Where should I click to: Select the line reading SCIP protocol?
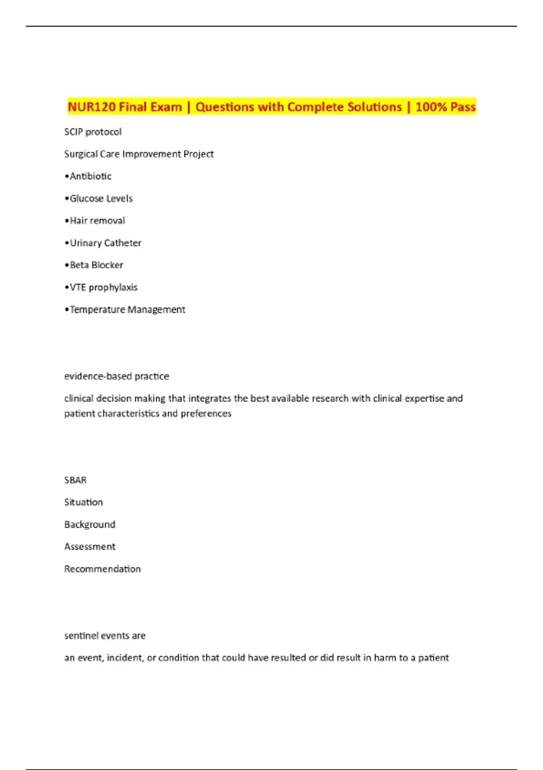93,132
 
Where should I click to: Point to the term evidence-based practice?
117,376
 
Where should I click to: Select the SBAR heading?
75,480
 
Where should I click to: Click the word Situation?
84,502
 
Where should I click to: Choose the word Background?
90,525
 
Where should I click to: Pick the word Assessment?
90,547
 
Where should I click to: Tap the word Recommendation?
102,569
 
